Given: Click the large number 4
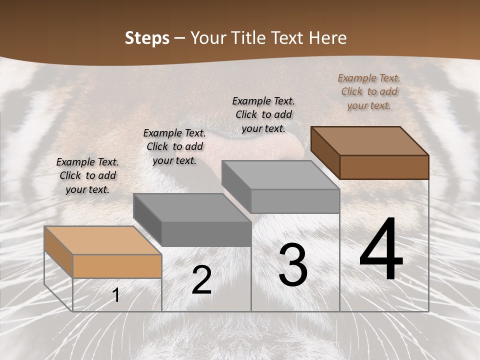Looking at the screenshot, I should (381, 250).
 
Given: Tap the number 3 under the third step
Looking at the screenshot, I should (293, 265).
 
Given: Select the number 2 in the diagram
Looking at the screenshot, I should (201, 280).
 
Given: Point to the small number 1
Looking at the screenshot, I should (116, 295).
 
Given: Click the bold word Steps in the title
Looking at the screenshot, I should (147, 38).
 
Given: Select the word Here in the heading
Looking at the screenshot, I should (328, 38).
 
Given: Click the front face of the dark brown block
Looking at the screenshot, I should (384, 167).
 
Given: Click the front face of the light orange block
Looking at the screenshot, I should (117, 266).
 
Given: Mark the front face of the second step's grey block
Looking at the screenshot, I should (206, 233).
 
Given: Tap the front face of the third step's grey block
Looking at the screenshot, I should (295, 200).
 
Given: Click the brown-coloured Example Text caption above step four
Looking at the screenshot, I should (369, 91).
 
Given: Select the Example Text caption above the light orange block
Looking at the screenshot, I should (87, 175).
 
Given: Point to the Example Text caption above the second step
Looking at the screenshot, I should (174, 146).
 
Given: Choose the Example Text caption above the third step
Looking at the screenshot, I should (263, 114).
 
